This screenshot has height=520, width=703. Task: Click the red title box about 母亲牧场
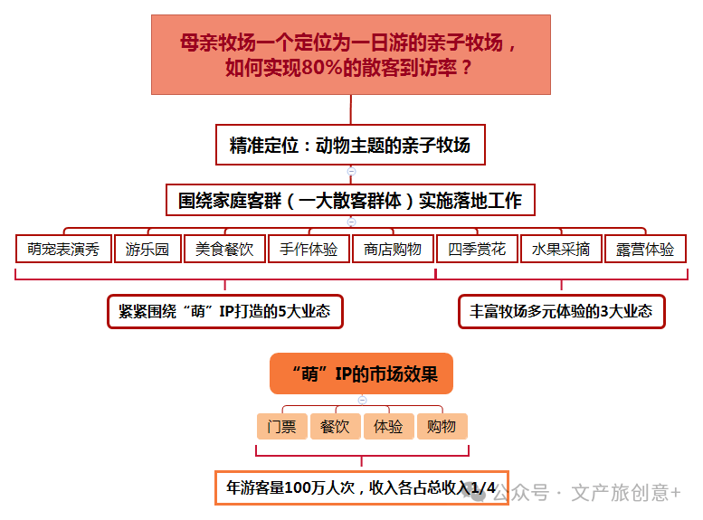pos(351,54)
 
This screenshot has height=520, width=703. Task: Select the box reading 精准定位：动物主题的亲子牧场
pos(351,145)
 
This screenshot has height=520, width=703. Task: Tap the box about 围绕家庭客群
pos(351,200)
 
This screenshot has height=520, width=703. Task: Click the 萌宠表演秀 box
pos(63,249)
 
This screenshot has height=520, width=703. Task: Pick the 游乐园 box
pos(147,249)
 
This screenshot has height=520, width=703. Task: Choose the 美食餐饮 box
pos(224,249)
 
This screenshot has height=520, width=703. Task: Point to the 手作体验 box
pos(309,249)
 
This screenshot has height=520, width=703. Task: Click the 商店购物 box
pos(393,249)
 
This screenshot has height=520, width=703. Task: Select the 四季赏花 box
pos(477,249)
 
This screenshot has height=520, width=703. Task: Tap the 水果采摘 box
pos(561,249)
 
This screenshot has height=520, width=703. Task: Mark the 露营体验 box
pos(645,249)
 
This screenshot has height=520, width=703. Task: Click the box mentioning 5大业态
pos(225,312)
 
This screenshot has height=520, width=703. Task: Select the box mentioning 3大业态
pos(562,312)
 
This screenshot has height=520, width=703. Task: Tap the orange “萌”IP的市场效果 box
pos(361,373)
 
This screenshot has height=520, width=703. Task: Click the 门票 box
pos(282,426)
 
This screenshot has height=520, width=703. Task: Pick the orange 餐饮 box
pos(336,426)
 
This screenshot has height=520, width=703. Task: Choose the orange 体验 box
pos(389,426)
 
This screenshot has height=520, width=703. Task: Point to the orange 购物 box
pos(442,426)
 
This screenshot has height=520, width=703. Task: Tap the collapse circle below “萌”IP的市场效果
pos(362,400)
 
